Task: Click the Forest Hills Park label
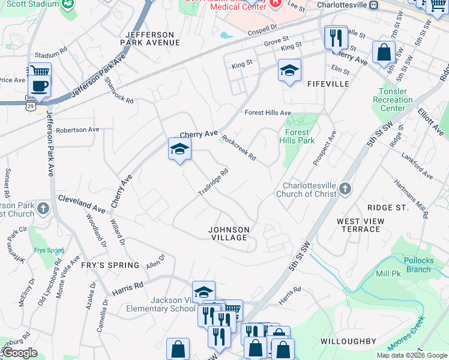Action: coord(297,136)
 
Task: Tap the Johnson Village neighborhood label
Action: coord(228,233)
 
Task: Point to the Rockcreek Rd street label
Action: coord(239,148)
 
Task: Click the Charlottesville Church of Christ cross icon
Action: coord(345,190)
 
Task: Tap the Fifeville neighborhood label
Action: coord(328,84)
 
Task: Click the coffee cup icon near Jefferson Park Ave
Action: coord(39,86)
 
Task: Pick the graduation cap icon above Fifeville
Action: coord(289,71)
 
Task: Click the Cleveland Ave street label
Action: coord(82,204)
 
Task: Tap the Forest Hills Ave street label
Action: coord(268,113)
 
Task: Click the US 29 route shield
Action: coord(30,106)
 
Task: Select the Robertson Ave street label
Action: coord(77,130)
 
